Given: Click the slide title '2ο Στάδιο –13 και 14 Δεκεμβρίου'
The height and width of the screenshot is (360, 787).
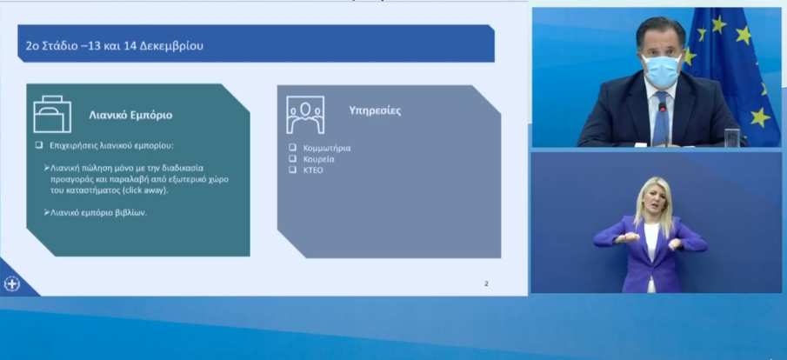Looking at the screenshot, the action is point(115,46).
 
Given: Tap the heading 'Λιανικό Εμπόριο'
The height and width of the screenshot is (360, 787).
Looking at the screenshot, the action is point(130,115).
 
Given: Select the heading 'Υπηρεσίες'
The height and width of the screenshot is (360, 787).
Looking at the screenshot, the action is point(375,111).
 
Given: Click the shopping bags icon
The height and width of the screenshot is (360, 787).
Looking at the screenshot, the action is point(52,114).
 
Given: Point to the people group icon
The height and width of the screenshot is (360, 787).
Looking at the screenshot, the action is point(305,115).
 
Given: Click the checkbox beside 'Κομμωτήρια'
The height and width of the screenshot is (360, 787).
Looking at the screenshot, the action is point(292,148).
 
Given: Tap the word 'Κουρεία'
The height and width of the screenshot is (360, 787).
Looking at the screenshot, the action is point(319,159).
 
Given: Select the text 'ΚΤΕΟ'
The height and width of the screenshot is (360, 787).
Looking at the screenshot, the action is point(313,170).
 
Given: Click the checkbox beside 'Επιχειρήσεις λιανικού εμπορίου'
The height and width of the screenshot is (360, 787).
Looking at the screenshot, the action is point(38,145).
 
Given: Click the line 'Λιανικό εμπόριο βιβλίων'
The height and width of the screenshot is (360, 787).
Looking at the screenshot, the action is point(98,212).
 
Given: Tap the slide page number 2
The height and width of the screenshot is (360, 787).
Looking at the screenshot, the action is point(486,283).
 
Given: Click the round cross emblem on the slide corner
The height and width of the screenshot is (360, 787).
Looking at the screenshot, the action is point(11,283).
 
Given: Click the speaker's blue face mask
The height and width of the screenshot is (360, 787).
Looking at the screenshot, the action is point(662,70).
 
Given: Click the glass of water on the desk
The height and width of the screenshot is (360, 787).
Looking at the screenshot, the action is point(732,137).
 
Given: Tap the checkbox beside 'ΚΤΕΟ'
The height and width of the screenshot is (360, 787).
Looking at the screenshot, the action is point(292,170).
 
